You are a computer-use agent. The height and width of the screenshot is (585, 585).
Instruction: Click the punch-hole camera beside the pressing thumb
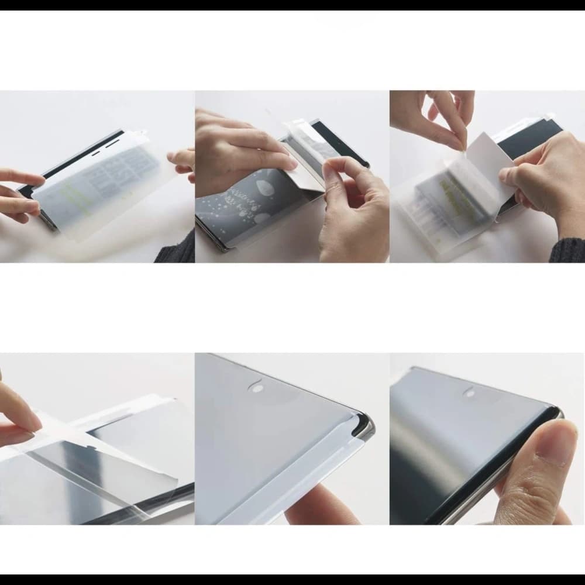click(470, 393)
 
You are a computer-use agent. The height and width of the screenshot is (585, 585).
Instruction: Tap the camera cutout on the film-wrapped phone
click(255, 387)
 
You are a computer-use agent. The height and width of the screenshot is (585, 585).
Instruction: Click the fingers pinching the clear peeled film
click(18, 415)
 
